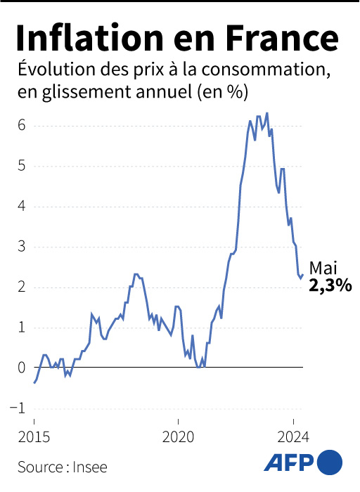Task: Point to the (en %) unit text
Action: (x=227, y=93)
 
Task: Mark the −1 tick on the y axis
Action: (x=20, y=408)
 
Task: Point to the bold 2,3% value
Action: (x=330, y=286)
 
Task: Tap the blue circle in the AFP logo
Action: (x=330, y=463)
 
